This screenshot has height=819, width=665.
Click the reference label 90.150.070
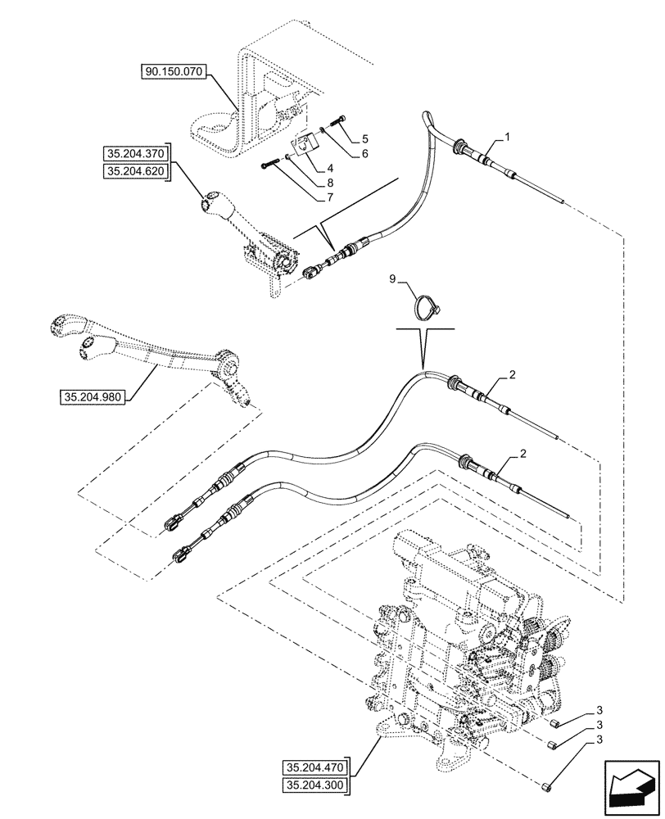pyautogui.click(x=174, y=73)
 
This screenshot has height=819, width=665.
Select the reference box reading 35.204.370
pyautogui.click(x=134, y=153)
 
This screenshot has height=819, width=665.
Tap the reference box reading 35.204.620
pyautogui.click(x=134, y=170)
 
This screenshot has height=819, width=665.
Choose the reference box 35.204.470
pyautogui.click(x=315, y=768)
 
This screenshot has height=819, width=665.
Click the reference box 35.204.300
pyautogui.click(x=315, y=786)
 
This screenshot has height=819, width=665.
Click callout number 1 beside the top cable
pyautogui.click(x=509, y=139)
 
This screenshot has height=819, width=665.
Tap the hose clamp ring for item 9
pyautogui.click(x=423, y=305)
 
